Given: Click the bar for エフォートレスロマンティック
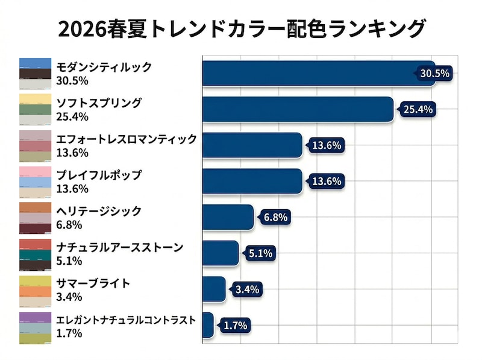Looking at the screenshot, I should tap(252, 145).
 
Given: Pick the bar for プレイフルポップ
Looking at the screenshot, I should tap(252, 182).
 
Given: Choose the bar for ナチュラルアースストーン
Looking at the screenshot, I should tap(221, 253).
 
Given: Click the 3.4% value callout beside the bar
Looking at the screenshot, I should tap(247, 289).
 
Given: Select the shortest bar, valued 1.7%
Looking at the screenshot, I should tap(208, 325).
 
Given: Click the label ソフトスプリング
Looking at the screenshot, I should tap(99, 103).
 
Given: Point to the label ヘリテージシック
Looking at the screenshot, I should tap(99, 211).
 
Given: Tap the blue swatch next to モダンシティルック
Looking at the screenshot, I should tap(35, 63).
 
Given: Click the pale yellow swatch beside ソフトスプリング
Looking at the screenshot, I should tap(35, 99).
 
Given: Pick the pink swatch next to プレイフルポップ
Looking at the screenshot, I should tap(35, 172).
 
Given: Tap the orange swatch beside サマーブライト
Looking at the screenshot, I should tap(35, 291).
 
